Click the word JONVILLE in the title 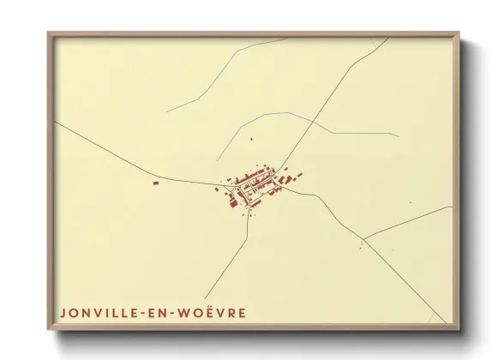point(93,312)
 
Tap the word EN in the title point(155,312)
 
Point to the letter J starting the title point(63,312)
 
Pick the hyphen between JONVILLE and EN point(138,313)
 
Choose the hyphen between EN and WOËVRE point(171,313)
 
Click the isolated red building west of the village point(155,182)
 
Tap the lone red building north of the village point(251,138)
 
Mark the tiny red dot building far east point(410,202)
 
